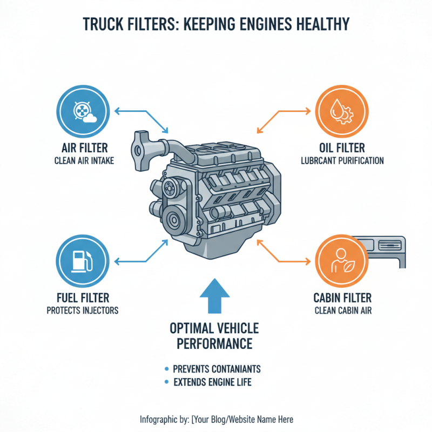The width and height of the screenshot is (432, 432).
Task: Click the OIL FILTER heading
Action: tap(341, 148)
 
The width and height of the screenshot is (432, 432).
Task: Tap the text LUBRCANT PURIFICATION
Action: tap(341, 160)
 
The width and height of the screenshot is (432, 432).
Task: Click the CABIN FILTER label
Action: tap(341, 298)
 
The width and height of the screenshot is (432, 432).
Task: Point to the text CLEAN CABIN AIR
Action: tap(341, 310)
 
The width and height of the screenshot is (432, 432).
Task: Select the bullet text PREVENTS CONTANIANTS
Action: tap(217, 369)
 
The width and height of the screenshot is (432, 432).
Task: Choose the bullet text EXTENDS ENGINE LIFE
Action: tap(212, 383)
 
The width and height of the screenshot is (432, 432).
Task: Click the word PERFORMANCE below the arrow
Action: tap(214, 343)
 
